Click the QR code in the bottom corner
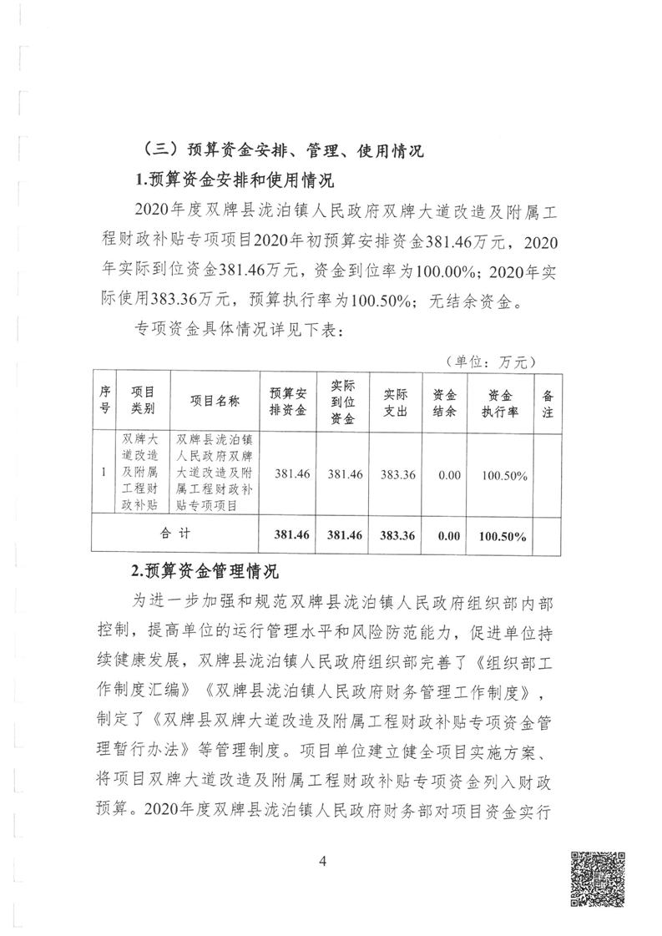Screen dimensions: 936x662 pos(597,878)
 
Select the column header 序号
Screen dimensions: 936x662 pos(104,402)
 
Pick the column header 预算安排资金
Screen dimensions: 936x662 pos(288,402)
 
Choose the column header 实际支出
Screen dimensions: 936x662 pos(396,402)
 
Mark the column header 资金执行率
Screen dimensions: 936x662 pos(500,402)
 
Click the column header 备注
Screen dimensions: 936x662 pos(548,402)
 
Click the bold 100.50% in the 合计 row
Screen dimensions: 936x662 pos(500,533)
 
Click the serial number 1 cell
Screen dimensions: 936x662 pos(104,473)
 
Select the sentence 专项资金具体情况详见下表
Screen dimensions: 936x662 pos(235,328)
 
